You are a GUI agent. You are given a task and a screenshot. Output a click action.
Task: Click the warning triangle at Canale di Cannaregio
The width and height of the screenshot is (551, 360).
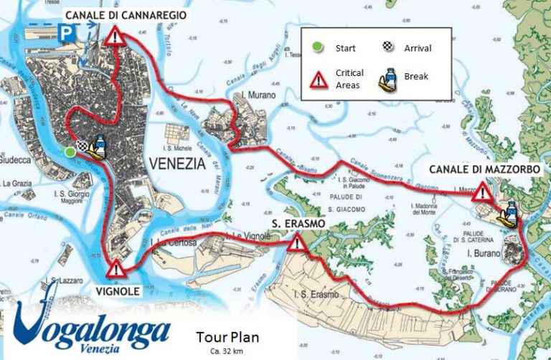click(114, 37)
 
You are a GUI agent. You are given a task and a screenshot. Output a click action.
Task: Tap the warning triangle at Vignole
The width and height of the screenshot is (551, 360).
click(114, 270)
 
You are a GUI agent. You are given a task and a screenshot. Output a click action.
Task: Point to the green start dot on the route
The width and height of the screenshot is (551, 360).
click(70, 151)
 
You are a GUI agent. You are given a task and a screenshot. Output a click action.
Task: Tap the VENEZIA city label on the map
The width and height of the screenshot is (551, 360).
click(176, 163)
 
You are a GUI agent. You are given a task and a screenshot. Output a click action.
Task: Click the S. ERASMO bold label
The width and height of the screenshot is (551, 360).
click(298, 224)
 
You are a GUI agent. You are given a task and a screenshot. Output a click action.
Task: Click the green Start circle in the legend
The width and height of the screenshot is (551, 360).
click(317, 48)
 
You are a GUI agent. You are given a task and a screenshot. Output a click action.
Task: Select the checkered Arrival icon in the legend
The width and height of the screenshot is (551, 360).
click(387, 47)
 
